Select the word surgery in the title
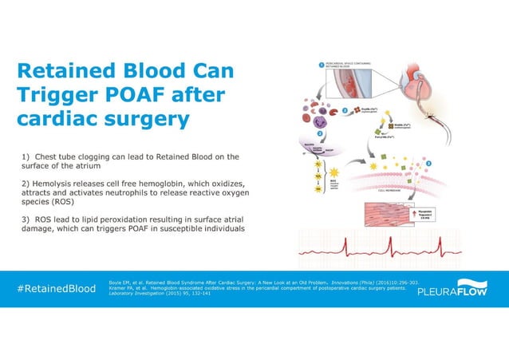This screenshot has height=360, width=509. click(150, 120)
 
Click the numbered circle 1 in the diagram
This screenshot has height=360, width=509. click(319, 65)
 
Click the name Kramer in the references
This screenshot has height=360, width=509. click(118, 288)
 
